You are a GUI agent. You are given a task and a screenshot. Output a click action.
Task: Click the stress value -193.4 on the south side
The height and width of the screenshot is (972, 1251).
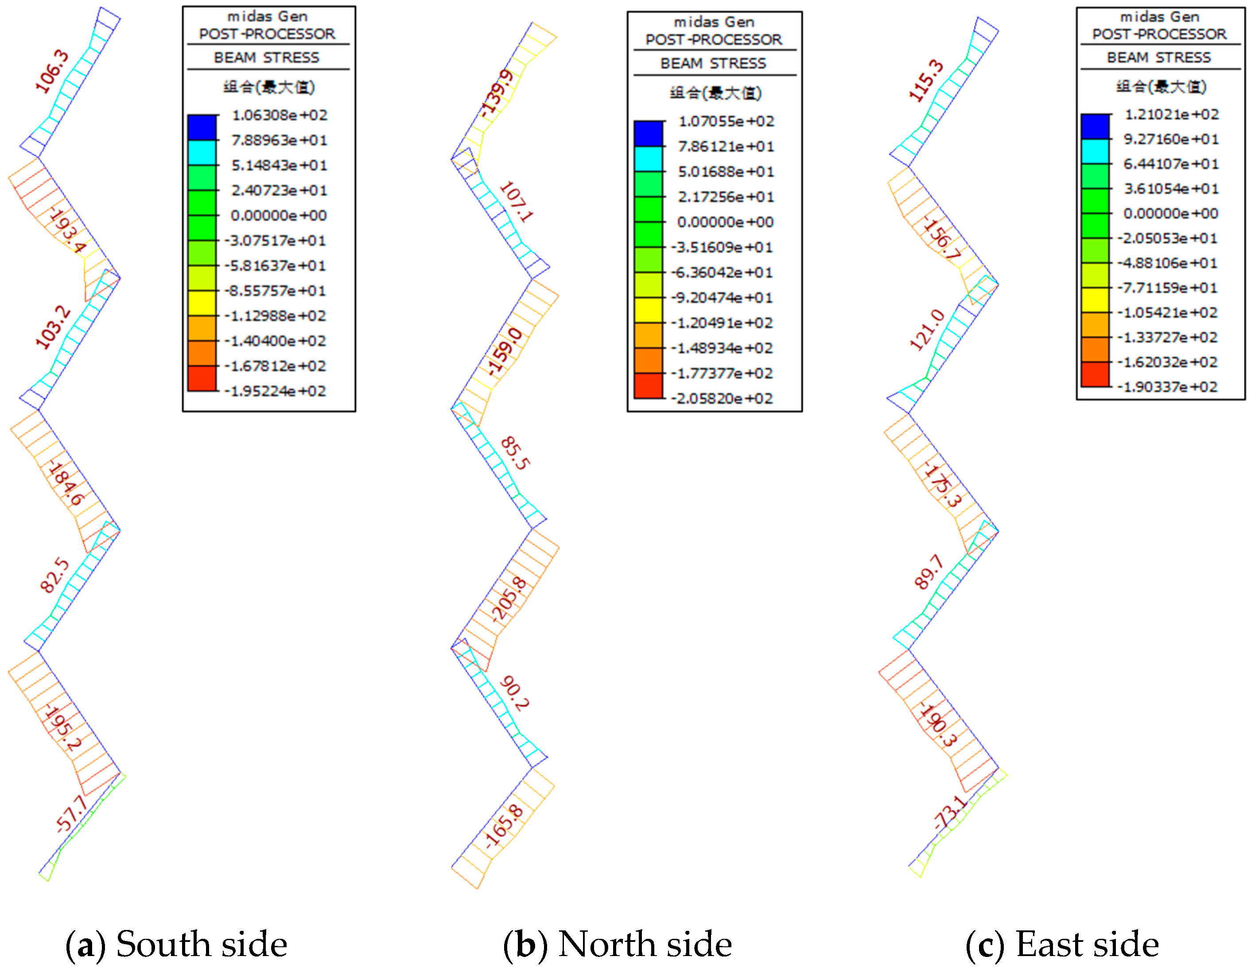point(67,230)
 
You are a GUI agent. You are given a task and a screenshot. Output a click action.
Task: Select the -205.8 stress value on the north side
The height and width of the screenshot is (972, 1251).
point(509,599)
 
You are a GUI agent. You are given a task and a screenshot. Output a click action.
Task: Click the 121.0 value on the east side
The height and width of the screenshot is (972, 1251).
point(927,329)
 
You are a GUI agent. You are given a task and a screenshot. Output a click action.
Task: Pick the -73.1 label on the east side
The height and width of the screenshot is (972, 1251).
point(950,812)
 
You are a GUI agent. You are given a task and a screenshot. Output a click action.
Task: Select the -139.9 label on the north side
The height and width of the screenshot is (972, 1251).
point(497,93)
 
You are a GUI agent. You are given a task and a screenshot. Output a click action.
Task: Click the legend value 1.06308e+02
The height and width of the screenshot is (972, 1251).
point(280,115)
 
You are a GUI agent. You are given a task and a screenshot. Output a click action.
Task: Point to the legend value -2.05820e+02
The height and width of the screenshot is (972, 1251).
point(723,398)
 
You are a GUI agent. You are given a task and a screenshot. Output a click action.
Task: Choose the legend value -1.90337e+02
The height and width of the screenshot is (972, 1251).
point(1167,387)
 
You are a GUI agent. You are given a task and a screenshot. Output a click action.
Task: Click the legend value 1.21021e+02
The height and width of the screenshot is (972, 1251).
point(1171,115)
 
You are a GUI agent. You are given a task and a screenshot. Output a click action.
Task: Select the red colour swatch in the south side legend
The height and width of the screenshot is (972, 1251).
point(202,378)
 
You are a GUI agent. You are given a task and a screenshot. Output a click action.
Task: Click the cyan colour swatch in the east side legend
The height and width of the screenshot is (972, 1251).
point(1095,151)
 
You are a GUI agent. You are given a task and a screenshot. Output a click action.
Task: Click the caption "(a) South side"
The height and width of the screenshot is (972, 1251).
point(176,944)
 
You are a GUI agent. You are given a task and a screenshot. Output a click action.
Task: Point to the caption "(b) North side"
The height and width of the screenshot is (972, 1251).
point(618,944)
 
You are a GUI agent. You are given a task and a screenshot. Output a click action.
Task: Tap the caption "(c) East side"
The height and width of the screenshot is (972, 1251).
point(1062,944)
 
